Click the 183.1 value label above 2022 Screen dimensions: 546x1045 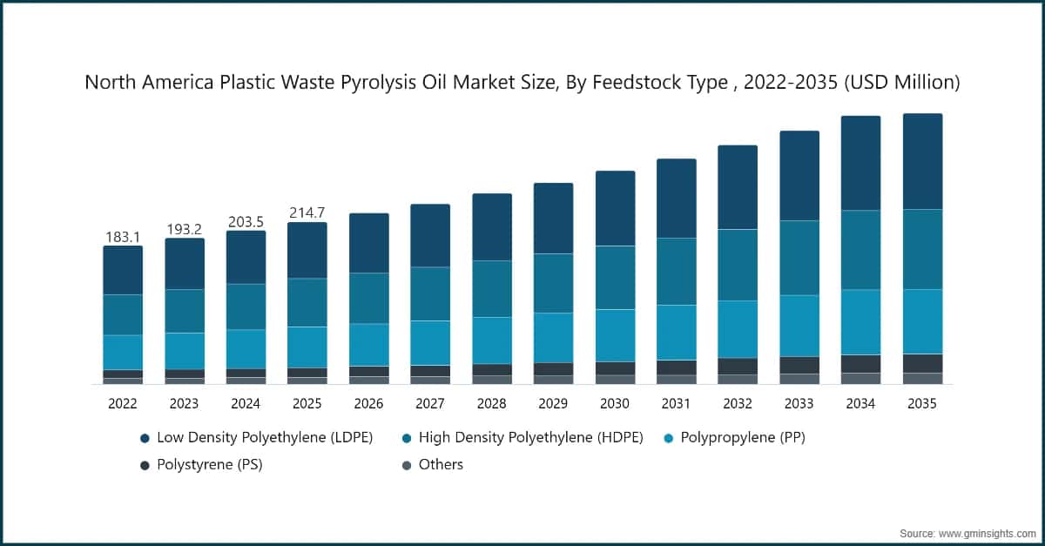(x=123, y=237)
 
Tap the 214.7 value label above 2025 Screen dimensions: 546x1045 (x=307, y=213)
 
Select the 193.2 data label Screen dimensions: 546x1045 (x=184, y=229)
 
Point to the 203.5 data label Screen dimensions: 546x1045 (x=246, y=221)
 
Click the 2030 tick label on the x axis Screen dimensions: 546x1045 (x=614, y=404)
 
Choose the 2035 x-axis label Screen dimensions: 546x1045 (x=922, y=404)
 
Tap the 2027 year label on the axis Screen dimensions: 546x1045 (x=430, y=404)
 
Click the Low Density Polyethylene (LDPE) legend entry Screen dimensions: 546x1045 (x=265, y=438)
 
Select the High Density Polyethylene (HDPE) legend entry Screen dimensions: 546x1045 (x=530, y=438)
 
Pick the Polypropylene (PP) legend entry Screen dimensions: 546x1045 (x=742, y=438)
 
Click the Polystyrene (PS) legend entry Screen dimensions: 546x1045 (x=209, y=465)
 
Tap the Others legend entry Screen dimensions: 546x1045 (x=441, y=465)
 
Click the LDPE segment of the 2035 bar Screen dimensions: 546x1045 (x=922, y=161)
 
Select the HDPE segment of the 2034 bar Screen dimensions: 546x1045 (x=860, y=250)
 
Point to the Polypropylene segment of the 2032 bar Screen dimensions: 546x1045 (x=738, y=329)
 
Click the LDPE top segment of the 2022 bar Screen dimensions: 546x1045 (x=123, y=270)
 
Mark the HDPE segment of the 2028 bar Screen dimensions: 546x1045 (x=492, y=289)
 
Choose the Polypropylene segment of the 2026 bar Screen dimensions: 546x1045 (x=368, y=345)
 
